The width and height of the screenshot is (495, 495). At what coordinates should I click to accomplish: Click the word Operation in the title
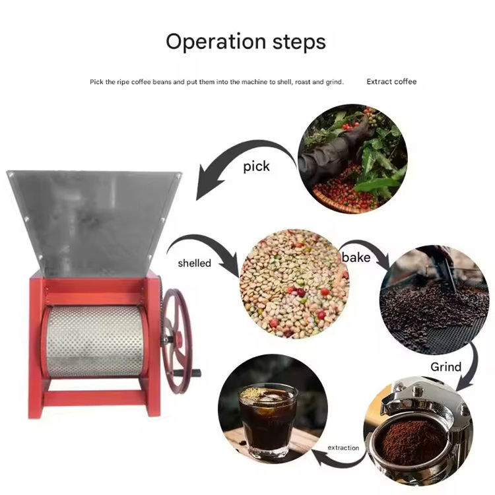[x=216, y=42]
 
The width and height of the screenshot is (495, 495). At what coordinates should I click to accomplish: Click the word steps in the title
[x=299, y=42]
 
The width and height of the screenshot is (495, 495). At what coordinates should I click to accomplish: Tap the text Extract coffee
[x=391, y=82]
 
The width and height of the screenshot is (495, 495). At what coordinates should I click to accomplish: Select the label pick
[x=256, y=166]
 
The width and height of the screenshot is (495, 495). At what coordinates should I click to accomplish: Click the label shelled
[x=195, y=263]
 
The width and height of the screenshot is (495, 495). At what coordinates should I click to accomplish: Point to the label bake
[x=356, y=257]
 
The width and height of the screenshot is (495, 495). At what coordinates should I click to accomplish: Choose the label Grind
[x=445, y=367]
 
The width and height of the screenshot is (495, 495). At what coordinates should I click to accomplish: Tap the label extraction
[x=343, y=447]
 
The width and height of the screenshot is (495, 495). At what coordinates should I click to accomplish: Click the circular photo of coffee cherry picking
[x=352, y=159]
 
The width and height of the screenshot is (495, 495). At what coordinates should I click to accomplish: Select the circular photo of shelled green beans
[x=294, y=284]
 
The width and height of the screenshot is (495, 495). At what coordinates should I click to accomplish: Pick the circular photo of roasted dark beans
[x=434, y=300]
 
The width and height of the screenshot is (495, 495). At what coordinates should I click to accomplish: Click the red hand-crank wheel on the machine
[x=177, y=341]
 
